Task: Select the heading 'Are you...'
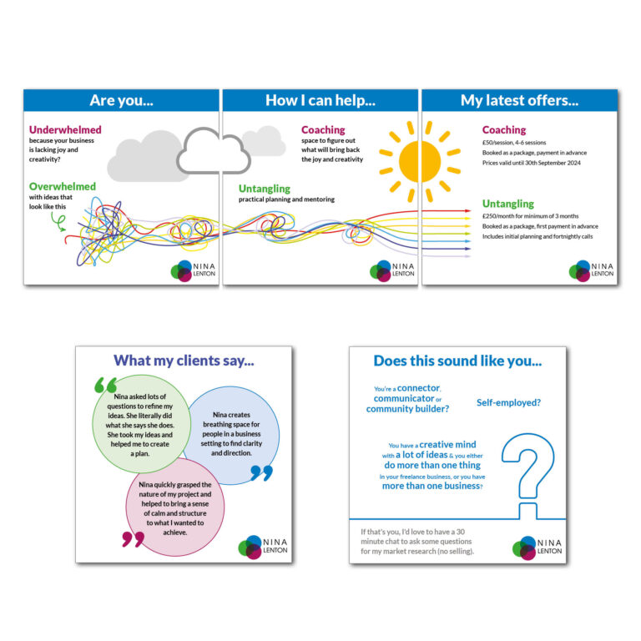(x=121, y=100)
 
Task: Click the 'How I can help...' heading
(x=320, y=100)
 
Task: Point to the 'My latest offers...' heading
(x=519, y=100)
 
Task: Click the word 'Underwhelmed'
(x=65, y=130)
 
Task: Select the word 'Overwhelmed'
(x=63, y=186)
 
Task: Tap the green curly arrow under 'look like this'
(x=58, y=220)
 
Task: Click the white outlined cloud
(x=214, y=150)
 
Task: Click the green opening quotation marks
(x=106, y=385)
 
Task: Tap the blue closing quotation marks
(x=261, y=473)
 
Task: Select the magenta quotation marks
(x=133, y=538)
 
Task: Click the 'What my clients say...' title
(x=184, y=361)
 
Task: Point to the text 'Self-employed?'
(x=508, y=402)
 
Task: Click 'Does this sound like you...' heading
(x=457, y=361)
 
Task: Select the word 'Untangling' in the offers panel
(x=507, y=204)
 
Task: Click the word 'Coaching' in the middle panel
(x=323, y=130)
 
